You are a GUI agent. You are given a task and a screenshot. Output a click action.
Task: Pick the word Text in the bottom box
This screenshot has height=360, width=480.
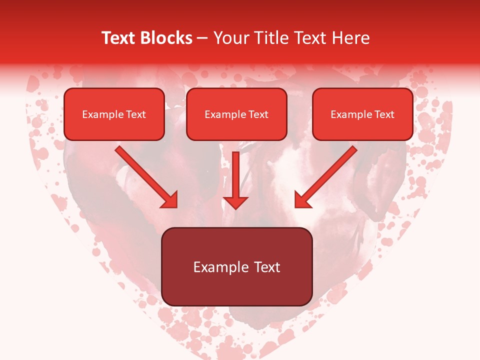(x=267, y=267)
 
